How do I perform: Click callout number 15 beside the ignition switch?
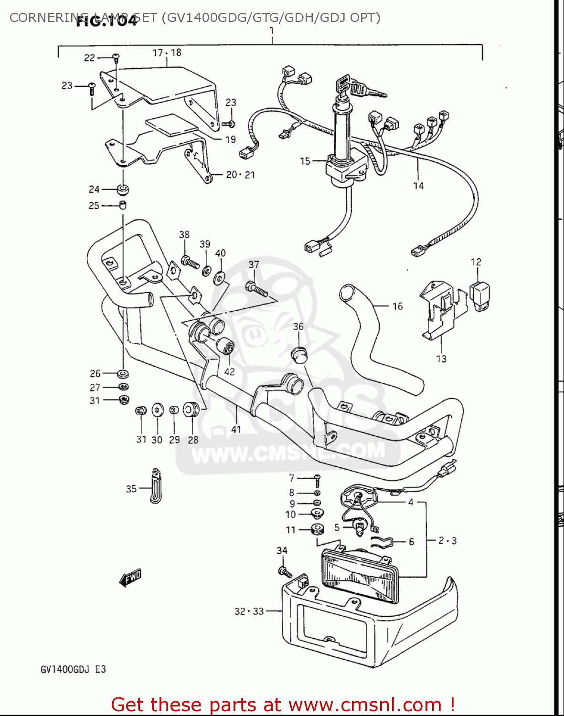305,161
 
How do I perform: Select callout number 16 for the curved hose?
397,306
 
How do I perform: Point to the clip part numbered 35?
156,485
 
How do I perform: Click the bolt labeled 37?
256,288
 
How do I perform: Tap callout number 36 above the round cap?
298,326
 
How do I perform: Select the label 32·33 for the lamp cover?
249,611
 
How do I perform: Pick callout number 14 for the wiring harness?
418,186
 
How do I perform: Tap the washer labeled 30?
157,410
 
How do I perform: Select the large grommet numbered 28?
191,409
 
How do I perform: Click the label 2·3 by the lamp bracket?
447,541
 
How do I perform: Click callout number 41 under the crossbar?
236,429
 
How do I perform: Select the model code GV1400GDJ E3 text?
73,669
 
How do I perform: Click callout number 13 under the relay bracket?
441,358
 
